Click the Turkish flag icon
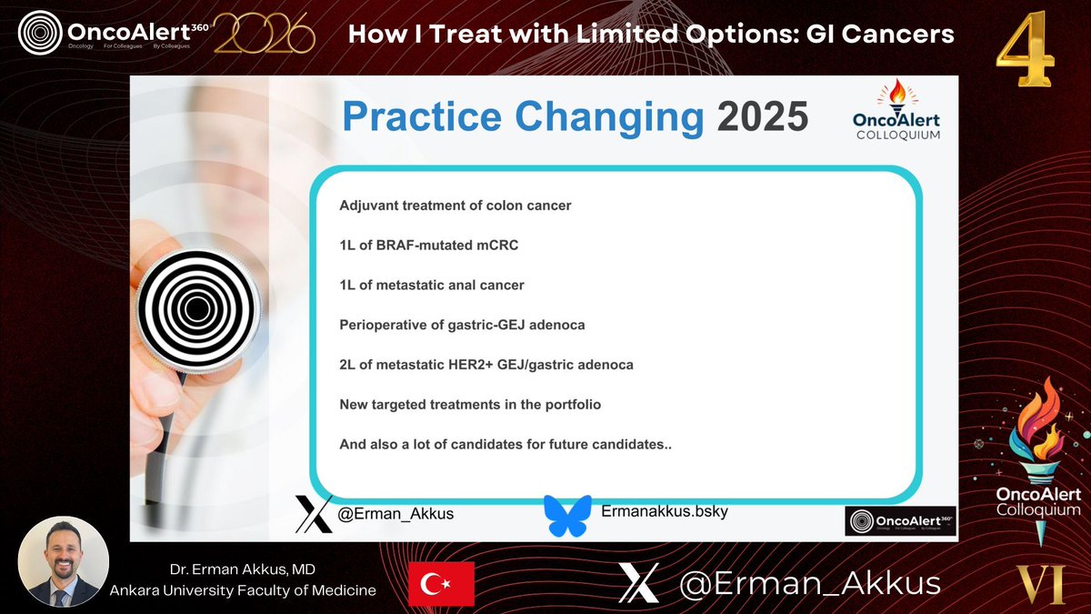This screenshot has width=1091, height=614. click(441, 583)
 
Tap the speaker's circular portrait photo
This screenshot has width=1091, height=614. click(64, 562)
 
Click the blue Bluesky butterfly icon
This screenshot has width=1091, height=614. click(567, 515)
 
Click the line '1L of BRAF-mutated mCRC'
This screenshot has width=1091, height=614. click(429, 245)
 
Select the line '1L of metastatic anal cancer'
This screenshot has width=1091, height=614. click(432, 285)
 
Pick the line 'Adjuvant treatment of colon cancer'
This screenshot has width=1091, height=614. click(455, 206)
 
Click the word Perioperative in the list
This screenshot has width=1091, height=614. click(383, 325)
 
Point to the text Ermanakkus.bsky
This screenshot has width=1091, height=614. click(665, 511)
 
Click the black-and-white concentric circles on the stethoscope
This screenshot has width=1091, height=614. click(197, 310)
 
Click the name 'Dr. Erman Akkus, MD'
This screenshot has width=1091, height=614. click(243, 570)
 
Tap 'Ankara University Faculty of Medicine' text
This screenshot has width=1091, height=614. click(243, 590)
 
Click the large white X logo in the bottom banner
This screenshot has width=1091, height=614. click(638, 583)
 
